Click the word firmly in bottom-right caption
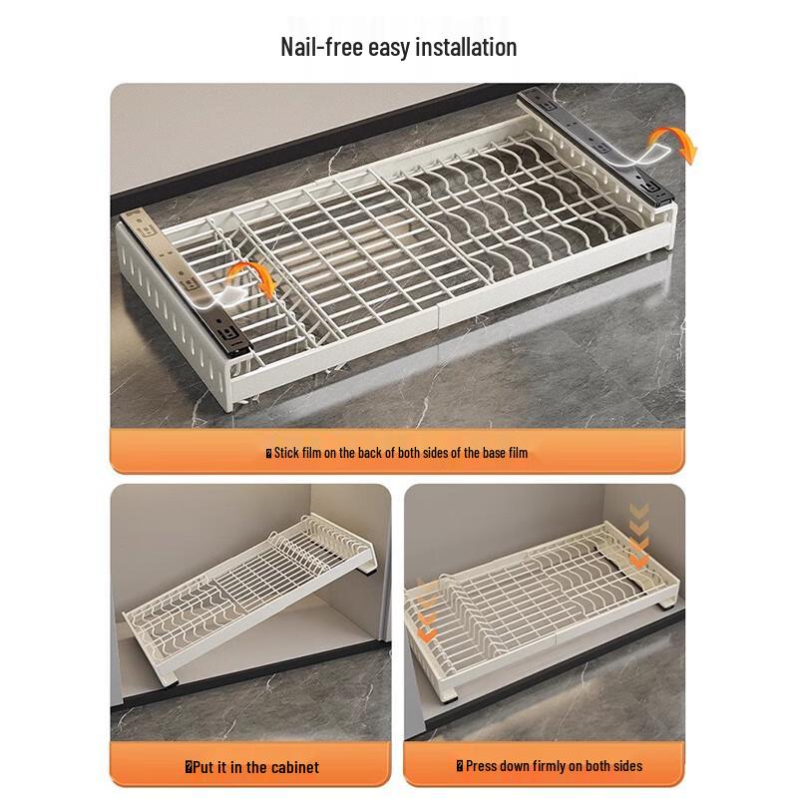tap(558, 767)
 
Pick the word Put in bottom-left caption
tap(202, 767)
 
